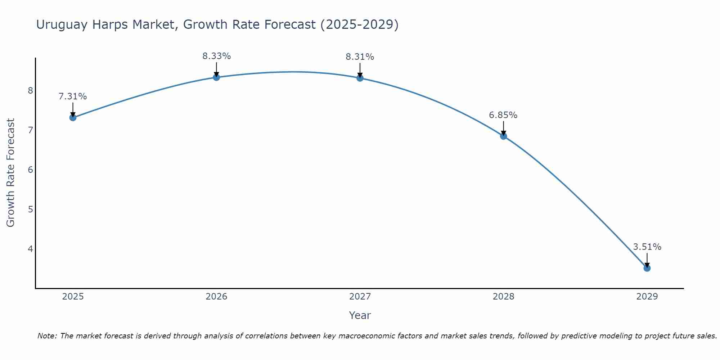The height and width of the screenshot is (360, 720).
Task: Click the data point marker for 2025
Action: (x=73, y=117)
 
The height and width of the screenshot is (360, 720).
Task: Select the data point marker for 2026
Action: (x=216, y=77)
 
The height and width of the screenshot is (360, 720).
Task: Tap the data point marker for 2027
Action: (x=360, y=78)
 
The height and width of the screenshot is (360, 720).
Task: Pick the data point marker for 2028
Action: (x=503, y=136)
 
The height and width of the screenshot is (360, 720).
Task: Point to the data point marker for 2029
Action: (x=647, y=268)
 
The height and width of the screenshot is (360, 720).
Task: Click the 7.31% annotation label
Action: (x=73, y=96)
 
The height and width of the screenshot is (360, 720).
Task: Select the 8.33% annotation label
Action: (x=216, y=56)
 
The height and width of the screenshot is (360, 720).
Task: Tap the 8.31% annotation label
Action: (x=360, y=57)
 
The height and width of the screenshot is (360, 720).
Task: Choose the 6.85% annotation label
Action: (x=503, y=115)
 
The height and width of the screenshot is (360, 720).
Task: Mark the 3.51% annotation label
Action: (x=647, y=247)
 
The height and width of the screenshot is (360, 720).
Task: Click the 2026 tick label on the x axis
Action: (x=216, y=297)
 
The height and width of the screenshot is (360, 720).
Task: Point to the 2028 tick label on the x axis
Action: (x=503, y=297)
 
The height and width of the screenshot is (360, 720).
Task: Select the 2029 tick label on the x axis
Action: (x=647, y=297)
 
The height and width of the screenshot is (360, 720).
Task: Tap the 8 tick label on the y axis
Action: (x=30, y=90)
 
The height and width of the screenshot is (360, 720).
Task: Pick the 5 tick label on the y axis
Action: (x=30, y=209)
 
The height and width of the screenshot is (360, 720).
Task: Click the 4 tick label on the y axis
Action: (x=30, y=249)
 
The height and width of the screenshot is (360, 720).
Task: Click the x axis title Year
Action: (x=360, y=315)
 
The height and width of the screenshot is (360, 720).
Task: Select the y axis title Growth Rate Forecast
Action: (x=10, y=173)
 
